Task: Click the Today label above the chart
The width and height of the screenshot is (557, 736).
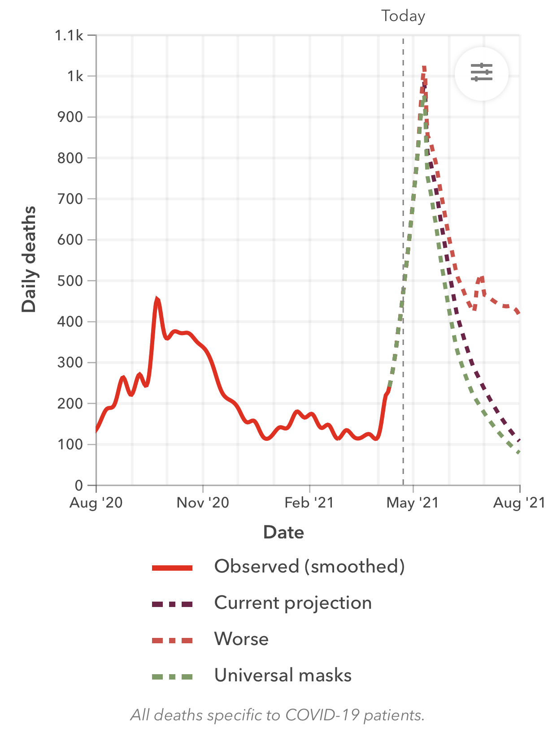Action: [403, 16]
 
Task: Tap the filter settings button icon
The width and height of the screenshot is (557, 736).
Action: [481, 73]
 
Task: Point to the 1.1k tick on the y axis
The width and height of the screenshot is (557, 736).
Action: [69, 35]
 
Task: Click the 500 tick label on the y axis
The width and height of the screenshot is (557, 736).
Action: [70, 281]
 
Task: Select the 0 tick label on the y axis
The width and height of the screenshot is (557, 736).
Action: [79, 486]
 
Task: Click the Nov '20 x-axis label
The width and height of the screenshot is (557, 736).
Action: [203, 503]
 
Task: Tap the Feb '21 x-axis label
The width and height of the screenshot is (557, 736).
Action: [309, 503]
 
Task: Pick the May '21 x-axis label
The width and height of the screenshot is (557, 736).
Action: [412, 503]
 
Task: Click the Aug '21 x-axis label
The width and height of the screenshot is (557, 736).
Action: [519, 503]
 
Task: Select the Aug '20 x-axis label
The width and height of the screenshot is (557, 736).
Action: [96, 503]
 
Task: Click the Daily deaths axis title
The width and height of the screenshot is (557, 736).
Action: [29, 259]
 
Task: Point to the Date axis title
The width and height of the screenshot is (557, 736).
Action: [283, 533]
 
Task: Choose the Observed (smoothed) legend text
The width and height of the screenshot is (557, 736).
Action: [309, 567]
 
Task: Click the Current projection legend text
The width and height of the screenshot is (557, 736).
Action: [293, 603]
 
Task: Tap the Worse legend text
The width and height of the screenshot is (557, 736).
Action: [241, 639]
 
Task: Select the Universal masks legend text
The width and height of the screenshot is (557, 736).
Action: [283, 676]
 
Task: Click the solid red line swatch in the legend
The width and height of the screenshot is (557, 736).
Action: [172, 568]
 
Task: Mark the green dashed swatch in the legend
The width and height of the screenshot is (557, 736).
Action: [172, 677]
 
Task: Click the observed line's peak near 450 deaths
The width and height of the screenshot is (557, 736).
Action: [157, 299]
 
